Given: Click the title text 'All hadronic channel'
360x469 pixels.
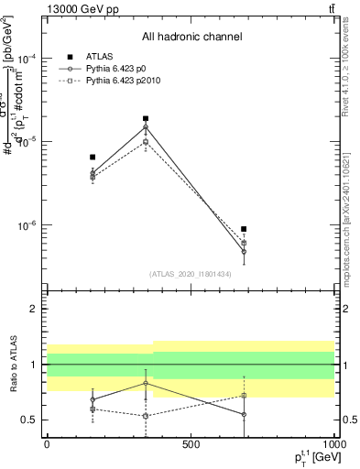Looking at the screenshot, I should coord(191,37).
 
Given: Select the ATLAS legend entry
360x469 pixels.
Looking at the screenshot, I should coord(99,56).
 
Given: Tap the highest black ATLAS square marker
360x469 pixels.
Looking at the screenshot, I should coord(146,118).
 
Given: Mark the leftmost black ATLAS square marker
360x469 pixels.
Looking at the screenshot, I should coord(93,158).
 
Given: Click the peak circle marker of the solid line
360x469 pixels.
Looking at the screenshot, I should coord(146,127).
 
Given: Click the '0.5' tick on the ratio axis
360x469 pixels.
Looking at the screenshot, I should coord(29,420).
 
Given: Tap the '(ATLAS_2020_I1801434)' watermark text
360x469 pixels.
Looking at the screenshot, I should coord(191,274).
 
